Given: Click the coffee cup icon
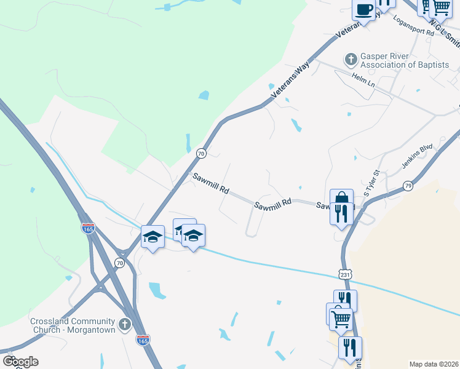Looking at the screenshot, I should (363, 10).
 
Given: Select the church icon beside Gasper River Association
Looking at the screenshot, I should (351, 60).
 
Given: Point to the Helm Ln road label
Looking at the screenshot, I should (363, 78).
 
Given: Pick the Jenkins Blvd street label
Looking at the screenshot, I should (418, 157).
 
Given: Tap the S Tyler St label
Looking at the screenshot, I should (372, 184).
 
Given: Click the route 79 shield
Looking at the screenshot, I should (408, 186).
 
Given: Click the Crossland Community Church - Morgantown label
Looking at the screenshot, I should (73, 326).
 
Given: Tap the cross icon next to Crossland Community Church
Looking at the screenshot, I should (125, 324).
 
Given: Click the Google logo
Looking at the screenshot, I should (20, 361).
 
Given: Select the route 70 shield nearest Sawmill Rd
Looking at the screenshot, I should (200, 153).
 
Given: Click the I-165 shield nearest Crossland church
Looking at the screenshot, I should (142, 339).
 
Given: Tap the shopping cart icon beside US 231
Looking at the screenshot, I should (340, 318).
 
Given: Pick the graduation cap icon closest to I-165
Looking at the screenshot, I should (153, 237).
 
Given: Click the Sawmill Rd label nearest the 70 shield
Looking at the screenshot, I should (210, 184).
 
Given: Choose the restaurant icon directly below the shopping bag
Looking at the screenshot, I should (341, 213).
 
